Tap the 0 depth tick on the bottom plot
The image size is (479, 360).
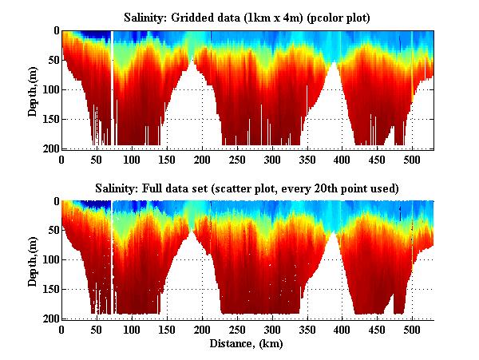pos(54,202)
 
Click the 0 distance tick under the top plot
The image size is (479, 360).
pos(61,160)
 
